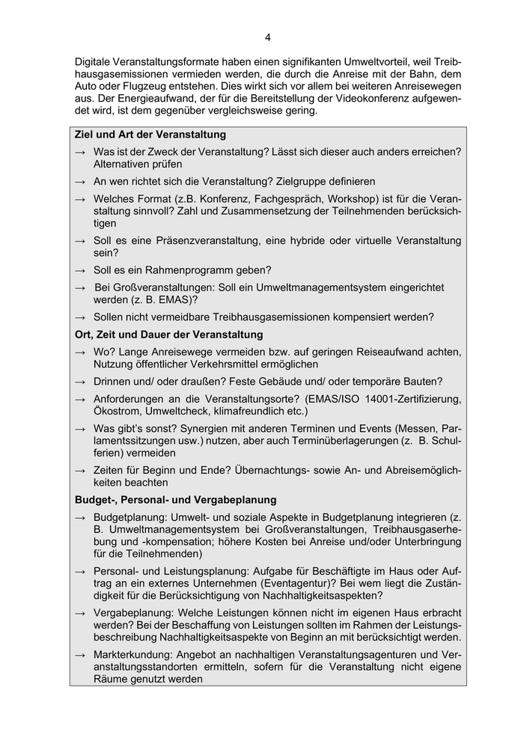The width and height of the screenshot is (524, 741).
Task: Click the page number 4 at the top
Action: pos(267,37)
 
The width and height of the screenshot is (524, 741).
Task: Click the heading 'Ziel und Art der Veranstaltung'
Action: pos(150,135)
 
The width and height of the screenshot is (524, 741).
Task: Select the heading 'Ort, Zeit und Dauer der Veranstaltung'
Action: pos(169,334)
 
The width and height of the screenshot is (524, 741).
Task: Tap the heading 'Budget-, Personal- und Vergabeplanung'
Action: pos(176,499)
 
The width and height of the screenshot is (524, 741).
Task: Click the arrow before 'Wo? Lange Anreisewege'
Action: pos(80,352)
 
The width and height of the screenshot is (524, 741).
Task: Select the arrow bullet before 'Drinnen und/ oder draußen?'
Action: pos(80,382)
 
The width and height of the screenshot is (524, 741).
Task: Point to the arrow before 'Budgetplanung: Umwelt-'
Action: pos(80,518)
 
